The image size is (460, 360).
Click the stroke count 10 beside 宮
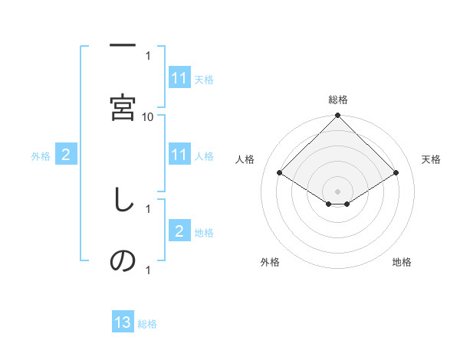(x=148, y=116)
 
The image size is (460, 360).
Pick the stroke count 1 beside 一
(x=148, y=56)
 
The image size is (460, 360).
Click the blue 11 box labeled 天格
(x=179, y=78)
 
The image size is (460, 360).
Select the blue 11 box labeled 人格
(x=179, y=155)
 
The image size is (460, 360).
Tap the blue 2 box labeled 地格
(x=179, y=231)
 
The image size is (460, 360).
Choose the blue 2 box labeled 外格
(x=66, y=155)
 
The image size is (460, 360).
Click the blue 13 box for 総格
(x=123, y=322)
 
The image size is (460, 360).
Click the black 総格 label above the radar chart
(x=338, y=100)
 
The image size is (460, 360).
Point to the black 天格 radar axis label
(x=431, y=159)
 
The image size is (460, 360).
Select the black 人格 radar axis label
(x=245, y=159)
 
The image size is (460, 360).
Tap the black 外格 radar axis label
(x=270, y=262)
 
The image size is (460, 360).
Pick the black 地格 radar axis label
(x=402, y=262)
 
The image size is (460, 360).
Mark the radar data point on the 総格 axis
(x=338, y=116)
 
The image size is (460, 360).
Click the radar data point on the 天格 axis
(x=396, y=173)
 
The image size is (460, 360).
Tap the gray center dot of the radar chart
(x=338, y=191)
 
